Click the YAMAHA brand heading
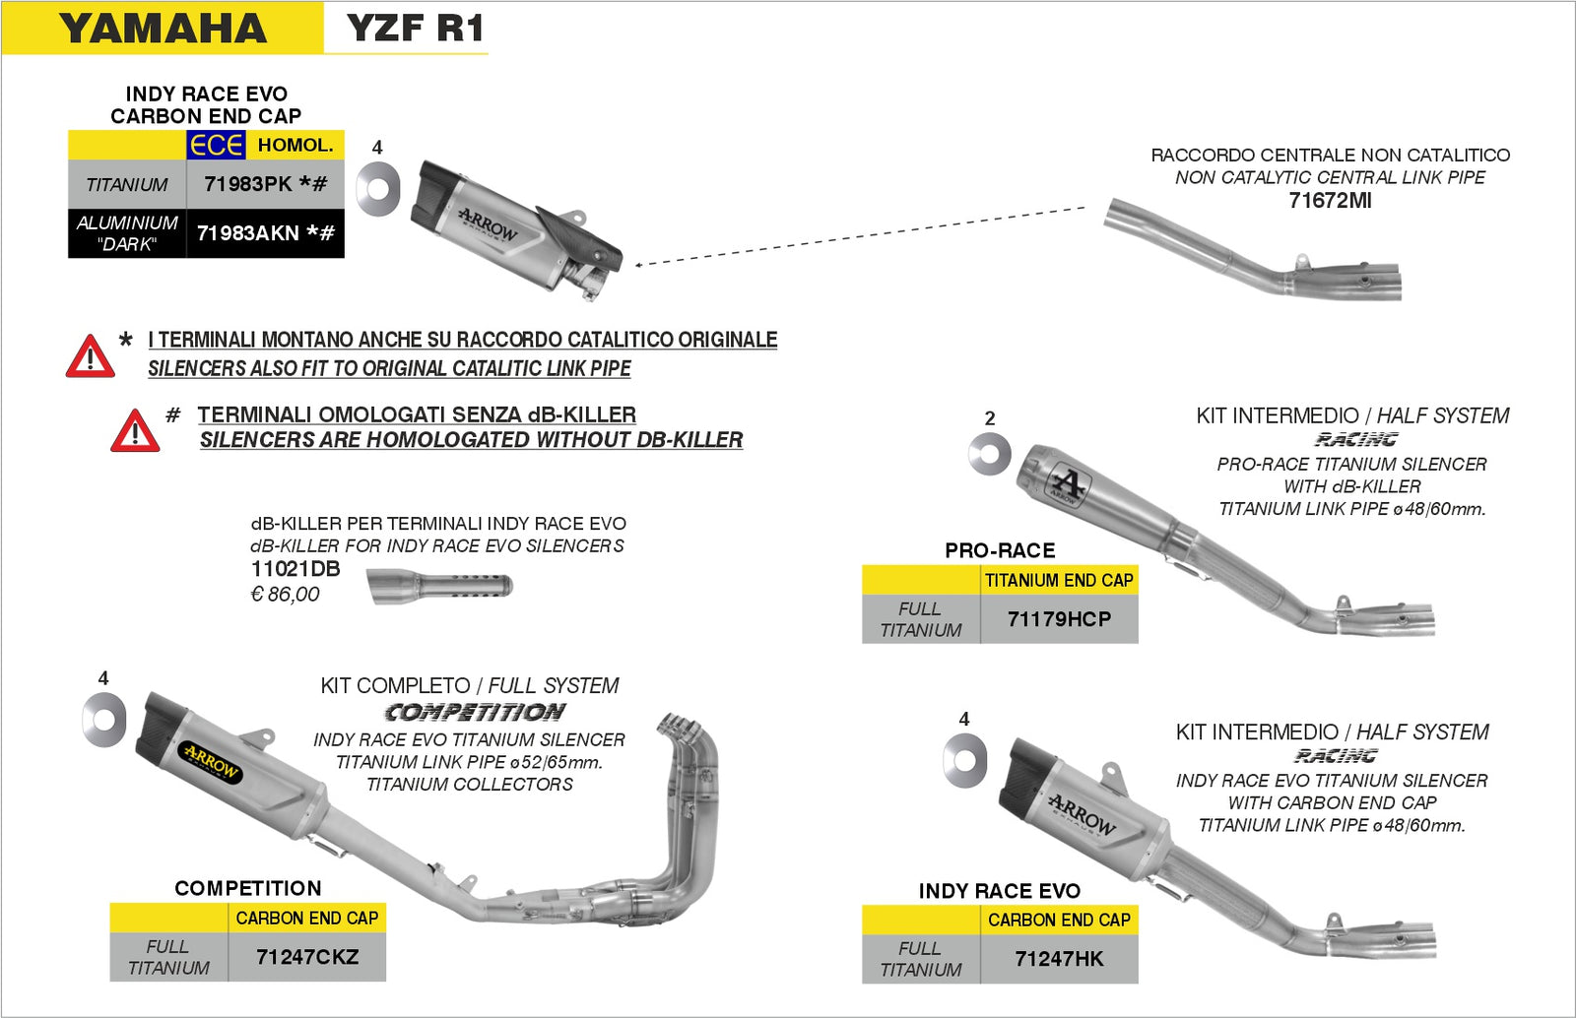[163, 29]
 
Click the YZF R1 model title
[416, 29]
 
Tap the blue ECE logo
[216, 146]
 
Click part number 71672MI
[1330, 201]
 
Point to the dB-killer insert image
[440, 588]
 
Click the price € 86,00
[285, 595]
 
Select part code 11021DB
[295, 569]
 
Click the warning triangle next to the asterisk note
[90, 357]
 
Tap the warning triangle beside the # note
[135, 431]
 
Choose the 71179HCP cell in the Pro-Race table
[1059, 619]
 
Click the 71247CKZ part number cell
[306, 957]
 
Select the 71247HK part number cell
[1059, 959]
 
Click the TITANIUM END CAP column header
[1059, 581]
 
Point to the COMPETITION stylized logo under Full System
[475, 712]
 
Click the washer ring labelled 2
[989, 454]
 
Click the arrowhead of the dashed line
[639, 264]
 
